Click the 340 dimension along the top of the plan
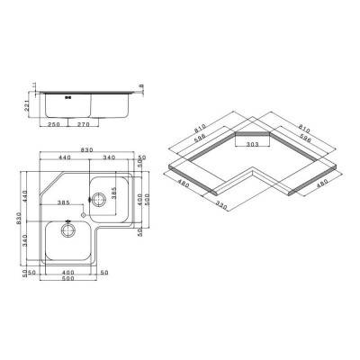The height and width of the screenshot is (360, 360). point(108,158)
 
